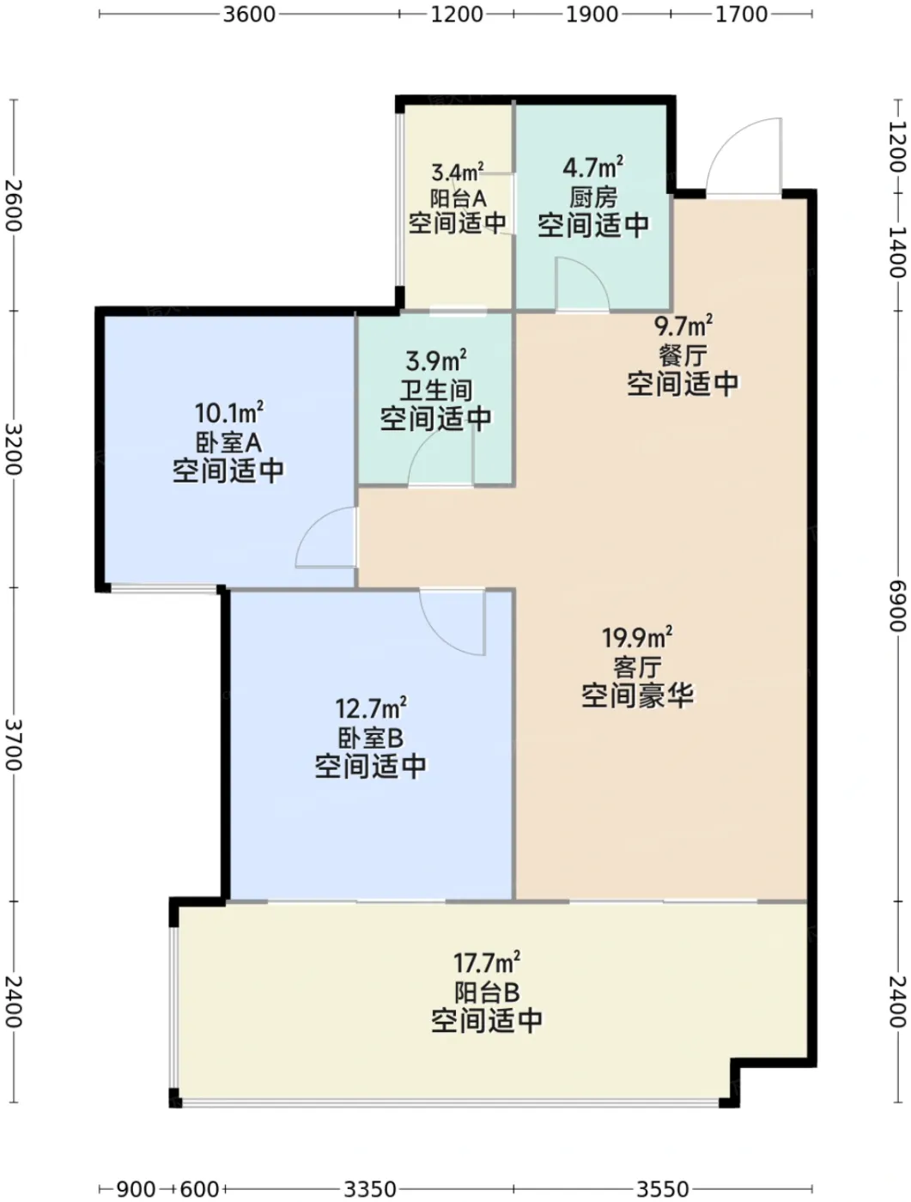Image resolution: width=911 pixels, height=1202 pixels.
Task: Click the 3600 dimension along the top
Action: [x=248, y=14]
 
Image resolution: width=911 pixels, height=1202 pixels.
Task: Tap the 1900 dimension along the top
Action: [x=592, y=14]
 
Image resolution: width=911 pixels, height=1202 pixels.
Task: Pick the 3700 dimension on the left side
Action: [x=14, y=744]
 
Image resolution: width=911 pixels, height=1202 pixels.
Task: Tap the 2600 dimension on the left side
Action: [x=14, y=205]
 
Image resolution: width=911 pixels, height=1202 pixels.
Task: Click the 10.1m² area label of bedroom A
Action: [x=229, y=413]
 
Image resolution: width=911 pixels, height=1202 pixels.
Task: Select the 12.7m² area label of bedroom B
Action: [x=371, y=708]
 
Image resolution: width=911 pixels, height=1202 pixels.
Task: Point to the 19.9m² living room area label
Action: [x=637, y=637]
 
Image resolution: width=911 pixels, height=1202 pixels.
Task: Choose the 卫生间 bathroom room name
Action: [x=436, y=391]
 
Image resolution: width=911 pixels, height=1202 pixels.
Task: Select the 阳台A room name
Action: [x=459, y=197]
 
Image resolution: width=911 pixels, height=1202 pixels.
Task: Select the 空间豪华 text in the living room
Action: [x=637, y=695]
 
